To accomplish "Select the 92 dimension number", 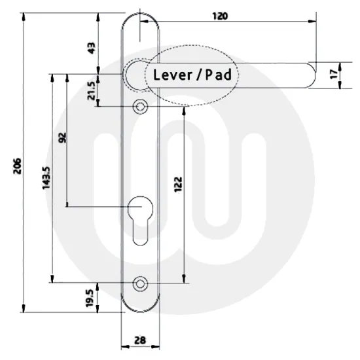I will [x=63, y=138].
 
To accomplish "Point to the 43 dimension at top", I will [x=92, y=47].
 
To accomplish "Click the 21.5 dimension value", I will [x=92, y=92].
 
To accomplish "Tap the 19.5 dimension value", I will [x=90, y=298].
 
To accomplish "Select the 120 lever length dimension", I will [x=220, y=16].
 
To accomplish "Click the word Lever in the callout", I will [x=172, y=75].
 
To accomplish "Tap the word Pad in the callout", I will [x=218, y=75].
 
